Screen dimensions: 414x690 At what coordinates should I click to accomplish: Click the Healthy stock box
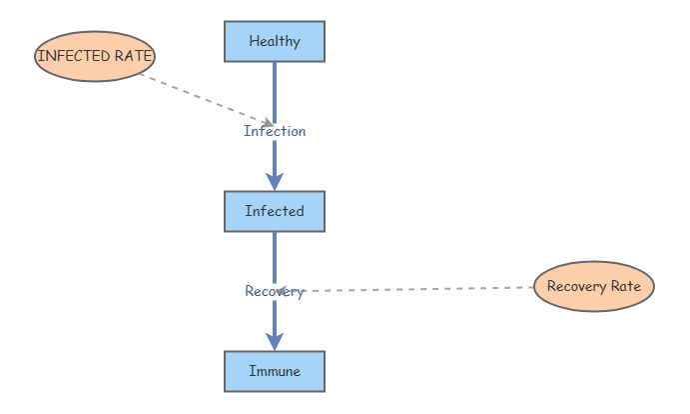[275, 41]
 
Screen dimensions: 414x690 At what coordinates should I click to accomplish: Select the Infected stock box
[275, 211]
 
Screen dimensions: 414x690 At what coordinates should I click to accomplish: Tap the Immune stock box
[275, 371]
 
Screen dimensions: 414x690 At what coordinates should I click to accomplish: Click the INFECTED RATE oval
[95, 56]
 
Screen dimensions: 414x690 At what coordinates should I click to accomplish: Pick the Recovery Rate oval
[594, 286]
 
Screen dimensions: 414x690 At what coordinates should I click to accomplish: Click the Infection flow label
[275, 131]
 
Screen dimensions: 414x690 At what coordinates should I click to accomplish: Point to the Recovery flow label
[275, 291]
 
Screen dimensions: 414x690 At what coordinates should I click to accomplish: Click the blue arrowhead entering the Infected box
[275, 180]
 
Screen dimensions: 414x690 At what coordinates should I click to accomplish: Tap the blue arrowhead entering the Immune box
[275, 340]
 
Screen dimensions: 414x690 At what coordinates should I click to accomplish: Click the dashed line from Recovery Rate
[419, 289]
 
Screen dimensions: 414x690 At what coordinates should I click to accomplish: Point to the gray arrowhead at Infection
[267, 123]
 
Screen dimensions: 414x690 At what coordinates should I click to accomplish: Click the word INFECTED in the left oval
[73, 56]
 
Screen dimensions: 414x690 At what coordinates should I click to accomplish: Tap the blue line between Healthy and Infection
[275, 90]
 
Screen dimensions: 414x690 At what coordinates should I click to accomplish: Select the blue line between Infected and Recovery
[275, 255]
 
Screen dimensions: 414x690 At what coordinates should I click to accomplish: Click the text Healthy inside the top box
[275, 41]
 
